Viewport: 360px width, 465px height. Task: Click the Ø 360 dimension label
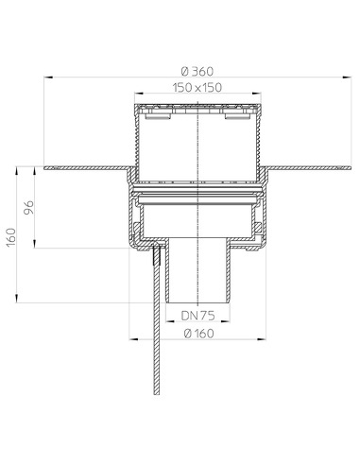click(x=197, y=72)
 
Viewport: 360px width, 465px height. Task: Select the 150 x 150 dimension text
click(x=197, y=88)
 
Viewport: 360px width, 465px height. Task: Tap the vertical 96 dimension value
click(x=28, y=207)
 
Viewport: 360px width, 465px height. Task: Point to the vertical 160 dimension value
click(x=11, y=237)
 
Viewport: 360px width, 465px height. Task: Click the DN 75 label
click(x=197, y=316)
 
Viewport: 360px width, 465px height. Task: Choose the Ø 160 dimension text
click(x=197, y=334)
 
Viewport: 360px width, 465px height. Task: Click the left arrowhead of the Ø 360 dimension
click(x=48, y=77)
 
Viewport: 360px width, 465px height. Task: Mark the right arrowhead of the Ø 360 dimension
click(x=347, y=77)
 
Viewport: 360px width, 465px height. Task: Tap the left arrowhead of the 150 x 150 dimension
click(x=139, y=94)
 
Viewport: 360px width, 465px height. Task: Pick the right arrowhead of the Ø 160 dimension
click(x=262, y=339)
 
